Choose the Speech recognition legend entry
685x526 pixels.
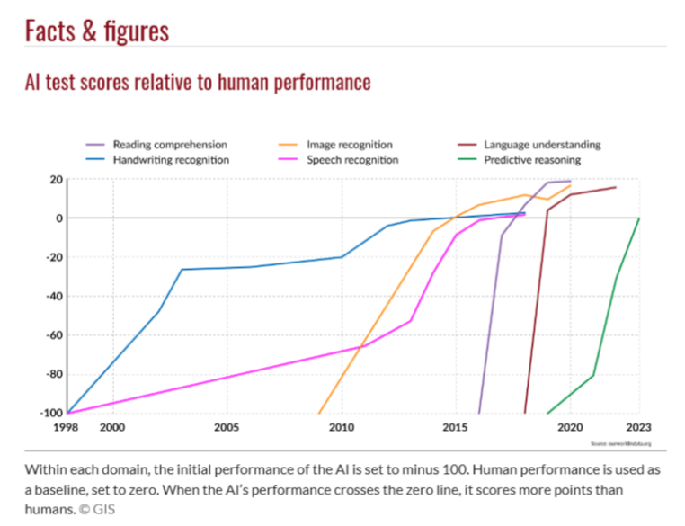[352, 160]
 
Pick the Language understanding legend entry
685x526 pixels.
[541, 144]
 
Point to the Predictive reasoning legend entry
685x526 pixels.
[532, 160]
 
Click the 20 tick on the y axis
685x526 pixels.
[56, 180]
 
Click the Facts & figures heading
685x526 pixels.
[97, 31]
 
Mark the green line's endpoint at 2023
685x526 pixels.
[638, 218]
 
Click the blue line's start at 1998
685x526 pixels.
[67, 414]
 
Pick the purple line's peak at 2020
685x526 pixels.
[570, 181]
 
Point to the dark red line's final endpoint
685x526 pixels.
[616, 187]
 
